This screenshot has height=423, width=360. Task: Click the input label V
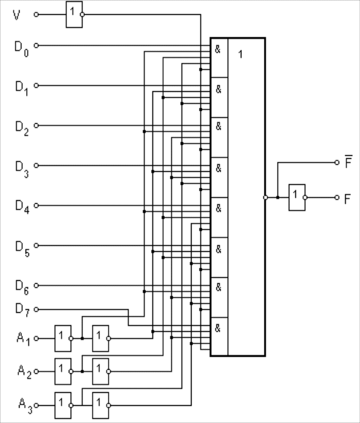click(x=17, y=15)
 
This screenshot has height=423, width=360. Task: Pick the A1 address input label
click(x=23, y=338)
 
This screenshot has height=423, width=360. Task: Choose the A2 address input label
click(x=23, y=372)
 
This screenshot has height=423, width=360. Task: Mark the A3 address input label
click(x=23, y=405)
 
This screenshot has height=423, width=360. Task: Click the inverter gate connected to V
click(x=73, y=15)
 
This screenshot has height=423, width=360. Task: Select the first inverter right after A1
click(x=62, y=338)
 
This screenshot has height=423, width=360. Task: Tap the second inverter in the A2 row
click(x=101, y=371)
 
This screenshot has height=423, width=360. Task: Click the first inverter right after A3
click(x=62, y=405)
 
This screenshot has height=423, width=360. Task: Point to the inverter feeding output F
click(x=297, y=197)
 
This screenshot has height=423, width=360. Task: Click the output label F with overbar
click(x=348, y=162)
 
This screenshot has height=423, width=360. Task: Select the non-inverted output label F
click(x=348, y=198)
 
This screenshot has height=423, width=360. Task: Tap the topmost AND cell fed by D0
click(x=219, y=57)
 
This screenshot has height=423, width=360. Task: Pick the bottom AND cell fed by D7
click(x=219, y=336)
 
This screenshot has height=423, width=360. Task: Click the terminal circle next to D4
click(x=36, y=206)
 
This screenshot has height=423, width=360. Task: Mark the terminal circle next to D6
click(x=36, y=286)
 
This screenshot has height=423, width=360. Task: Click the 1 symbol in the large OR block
click(x=240, y=55)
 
